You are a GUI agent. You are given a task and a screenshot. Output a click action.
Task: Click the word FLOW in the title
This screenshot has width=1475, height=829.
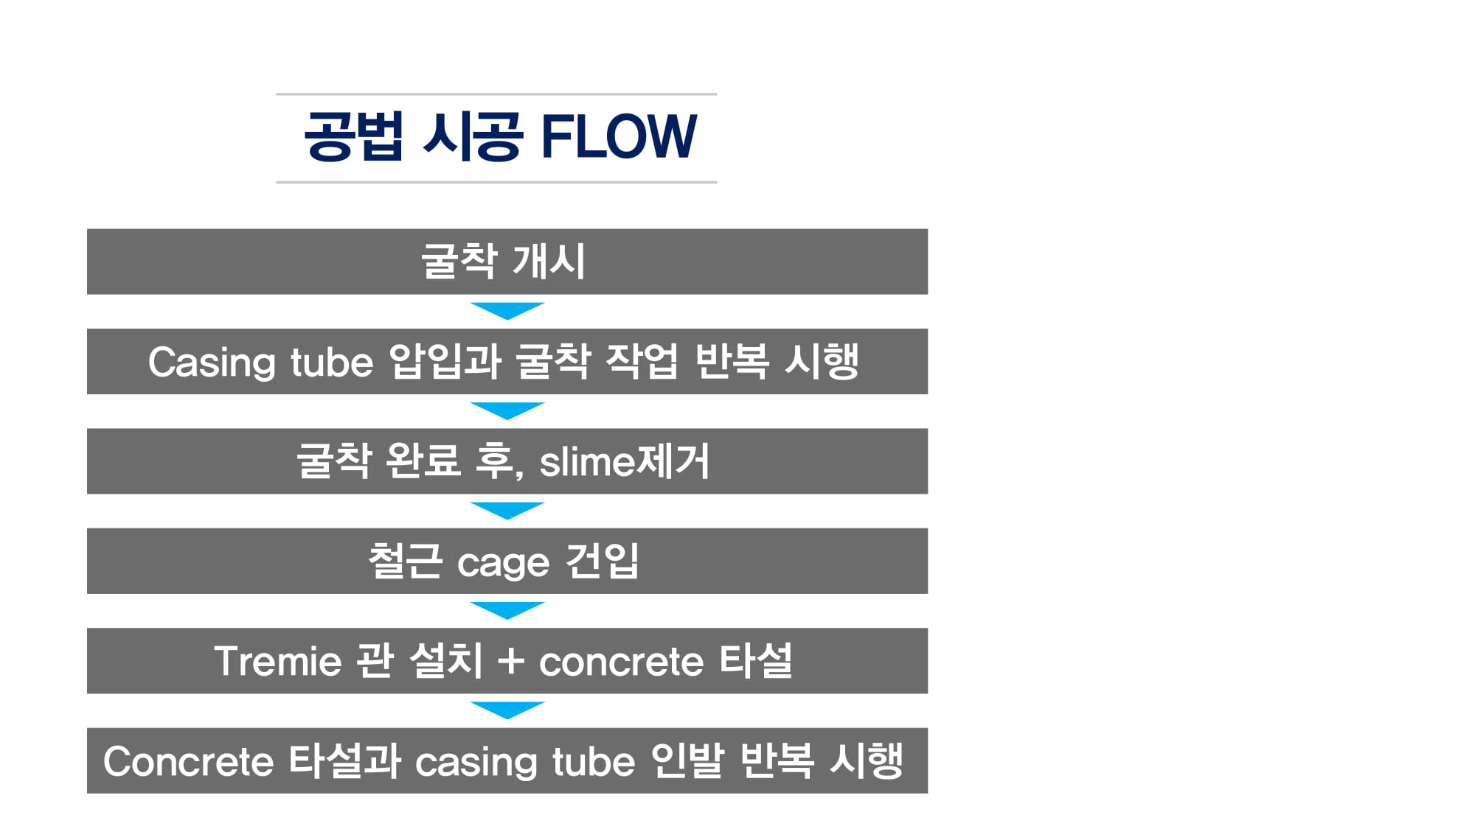[619, 136]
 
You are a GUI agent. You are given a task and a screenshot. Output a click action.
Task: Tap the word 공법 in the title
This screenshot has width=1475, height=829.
[354, 136]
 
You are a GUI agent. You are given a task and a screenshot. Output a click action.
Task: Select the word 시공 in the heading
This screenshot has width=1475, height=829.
[473, 136]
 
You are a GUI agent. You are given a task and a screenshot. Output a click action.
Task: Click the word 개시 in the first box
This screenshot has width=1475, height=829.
[549, 262]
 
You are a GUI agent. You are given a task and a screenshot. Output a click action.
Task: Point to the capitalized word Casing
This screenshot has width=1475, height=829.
[212, 363]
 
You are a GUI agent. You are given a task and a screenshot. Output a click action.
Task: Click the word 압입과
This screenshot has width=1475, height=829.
[445, 361]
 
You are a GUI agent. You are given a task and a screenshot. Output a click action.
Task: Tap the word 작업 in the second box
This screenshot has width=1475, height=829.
[641, 361]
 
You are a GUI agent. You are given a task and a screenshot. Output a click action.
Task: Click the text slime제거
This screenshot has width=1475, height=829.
[624, 461]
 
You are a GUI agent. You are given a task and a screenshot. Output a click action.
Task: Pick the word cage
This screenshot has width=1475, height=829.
[503, 564]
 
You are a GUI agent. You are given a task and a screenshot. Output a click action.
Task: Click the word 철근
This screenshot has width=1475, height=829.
[405, 561]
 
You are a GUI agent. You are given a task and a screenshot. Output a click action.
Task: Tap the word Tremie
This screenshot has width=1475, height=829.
[278, 661]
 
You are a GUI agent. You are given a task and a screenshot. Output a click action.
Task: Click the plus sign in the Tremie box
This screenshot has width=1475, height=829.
[511, 661]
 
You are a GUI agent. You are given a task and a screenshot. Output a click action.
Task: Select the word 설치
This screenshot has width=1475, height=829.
[445, 660]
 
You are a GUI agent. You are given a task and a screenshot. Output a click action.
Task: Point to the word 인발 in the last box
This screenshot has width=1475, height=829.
[686, 760]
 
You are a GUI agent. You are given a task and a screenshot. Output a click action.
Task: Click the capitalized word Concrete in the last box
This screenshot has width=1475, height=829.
[188, 761]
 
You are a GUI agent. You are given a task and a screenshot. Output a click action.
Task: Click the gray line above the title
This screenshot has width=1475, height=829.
[496, 94]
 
